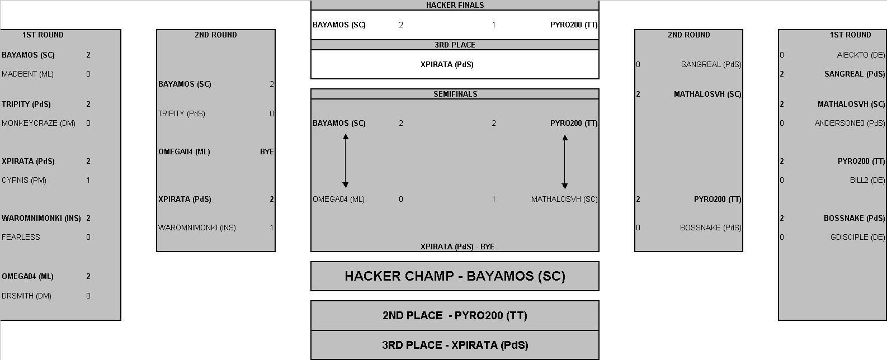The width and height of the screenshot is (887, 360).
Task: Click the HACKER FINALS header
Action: point(455,5)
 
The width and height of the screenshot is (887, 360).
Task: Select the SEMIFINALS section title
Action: point(455,94)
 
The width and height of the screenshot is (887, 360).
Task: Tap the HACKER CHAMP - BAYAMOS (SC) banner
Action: point(455,276)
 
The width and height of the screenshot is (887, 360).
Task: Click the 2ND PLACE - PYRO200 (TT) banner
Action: point(455,316)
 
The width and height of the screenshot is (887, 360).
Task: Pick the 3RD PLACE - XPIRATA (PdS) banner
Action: point(455,345)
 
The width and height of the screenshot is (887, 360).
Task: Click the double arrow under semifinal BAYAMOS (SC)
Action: point(346,160)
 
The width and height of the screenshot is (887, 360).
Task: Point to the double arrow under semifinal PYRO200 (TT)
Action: point(565,162)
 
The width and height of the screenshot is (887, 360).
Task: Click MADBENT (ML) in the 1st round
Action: point(27,74)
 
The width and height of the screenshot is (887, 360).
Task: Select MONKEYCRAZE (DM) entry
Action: point(39,123)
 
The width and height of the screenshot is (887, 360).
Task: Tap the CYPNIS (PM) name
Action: point(23,180)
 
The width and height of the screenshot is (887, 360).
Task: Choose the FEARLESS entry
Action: point(21,237)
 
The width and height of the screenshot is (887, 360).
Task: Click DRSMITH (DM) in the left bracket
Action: point(26,296)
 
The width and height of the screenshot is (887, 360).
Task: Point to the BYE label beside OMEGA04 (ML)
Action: point(267,151)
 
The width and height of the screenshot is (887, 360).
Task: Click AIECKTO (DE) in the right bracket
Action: point(861,55)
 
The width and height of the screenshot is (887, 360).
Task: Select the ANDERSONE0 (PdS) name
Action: point(850,123)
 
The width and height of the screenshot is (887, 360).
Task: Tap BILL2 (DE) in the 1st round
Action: point(867,180)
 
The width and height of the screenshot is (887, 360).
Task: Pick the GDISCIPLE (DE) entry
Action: point(858,237)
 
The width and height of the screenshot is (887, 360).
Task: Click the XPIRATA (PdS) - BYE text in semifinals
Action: point(457,247)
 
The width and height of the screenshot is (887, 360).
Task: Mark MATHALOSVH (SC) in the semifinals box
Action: point(564,199)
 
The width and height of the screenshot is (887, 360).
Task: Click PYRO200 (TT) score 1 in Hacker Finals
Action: point(494,25)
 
